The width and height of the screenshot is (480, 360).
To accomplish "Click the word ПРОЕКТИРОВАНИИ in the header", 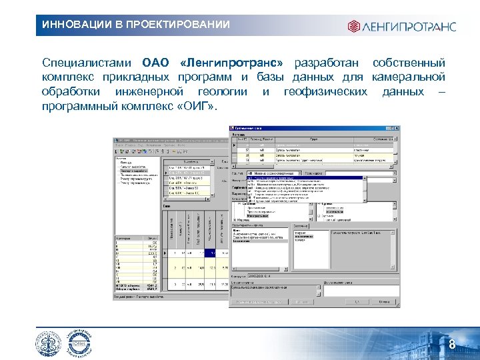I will point(172,25).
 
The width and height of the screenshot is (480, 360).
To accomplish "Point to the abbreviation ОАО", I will point(157,63).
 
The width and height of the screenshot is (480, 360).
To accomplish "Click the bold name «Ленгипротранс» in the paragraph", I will point(231,63).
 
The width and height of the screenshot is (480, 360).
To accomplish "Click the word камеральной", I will point(409,77).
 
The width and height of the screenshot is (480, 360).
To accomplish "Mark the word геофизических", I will point(325,91).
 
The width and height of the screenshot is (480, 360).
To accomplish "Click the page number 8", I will point(451,345).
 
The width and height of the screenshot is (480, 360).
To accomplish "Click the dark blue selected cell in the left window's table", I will point(209,253).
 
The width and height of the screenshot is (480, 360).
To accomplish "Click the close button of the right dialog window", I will point(397,129).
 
